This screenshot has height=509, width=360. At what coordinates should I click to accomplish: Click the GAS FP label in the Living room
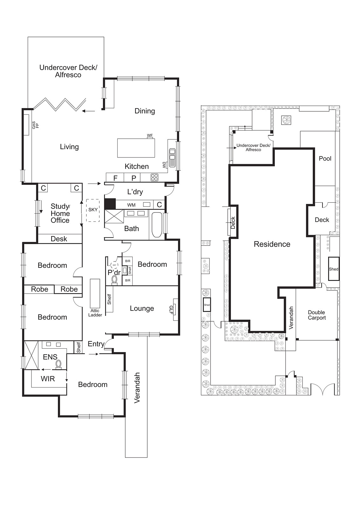pos(35,125)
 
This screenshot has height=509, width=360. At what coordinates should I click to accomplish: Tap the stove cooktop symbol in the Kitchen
pos(155,178)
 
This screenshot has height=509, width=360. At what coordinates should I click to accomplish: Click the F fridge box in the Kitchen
pos(115,178)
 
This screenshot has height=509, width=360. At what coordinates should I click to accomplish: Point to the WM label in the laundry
pos(131,205)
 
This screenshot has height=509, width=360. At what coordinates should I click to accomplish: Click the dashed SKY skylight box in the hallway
pos(93,210)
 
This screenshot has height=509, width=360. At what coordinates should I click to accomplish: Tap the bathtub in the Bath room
pos(157,225)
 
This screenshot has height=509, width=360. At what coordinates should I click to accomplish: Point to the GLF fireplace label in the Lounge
pos(171,310)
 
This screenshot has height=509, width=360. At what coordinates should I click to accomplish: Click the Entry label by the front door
pos(96,344)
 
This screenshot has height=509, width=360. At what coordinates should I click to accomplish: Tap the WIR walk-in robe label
pos(48,379)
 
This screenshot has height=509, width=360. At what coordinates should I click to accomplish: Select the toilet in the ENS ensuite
pos(59,364)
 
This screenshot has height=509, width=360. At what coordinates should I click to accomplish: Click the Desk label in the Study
pos(59,239)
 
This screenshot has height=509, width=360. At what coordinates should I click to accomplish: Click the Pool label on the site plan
pos(325,158)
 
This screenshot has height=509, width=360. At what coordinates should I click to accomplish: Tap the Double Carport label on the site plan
pos(317,315)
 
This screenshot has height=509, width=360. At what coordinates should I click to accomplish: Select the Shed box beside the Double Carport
pos(334,269)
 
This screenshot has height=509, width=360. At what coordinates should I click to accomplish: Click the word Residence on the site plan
pos(272,244)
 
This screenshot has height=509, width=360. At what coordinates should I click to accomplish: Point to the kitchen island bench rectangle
pos(136,148)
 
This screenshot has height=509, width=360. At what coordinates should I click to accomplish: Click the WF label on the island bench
pos(150,136)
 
